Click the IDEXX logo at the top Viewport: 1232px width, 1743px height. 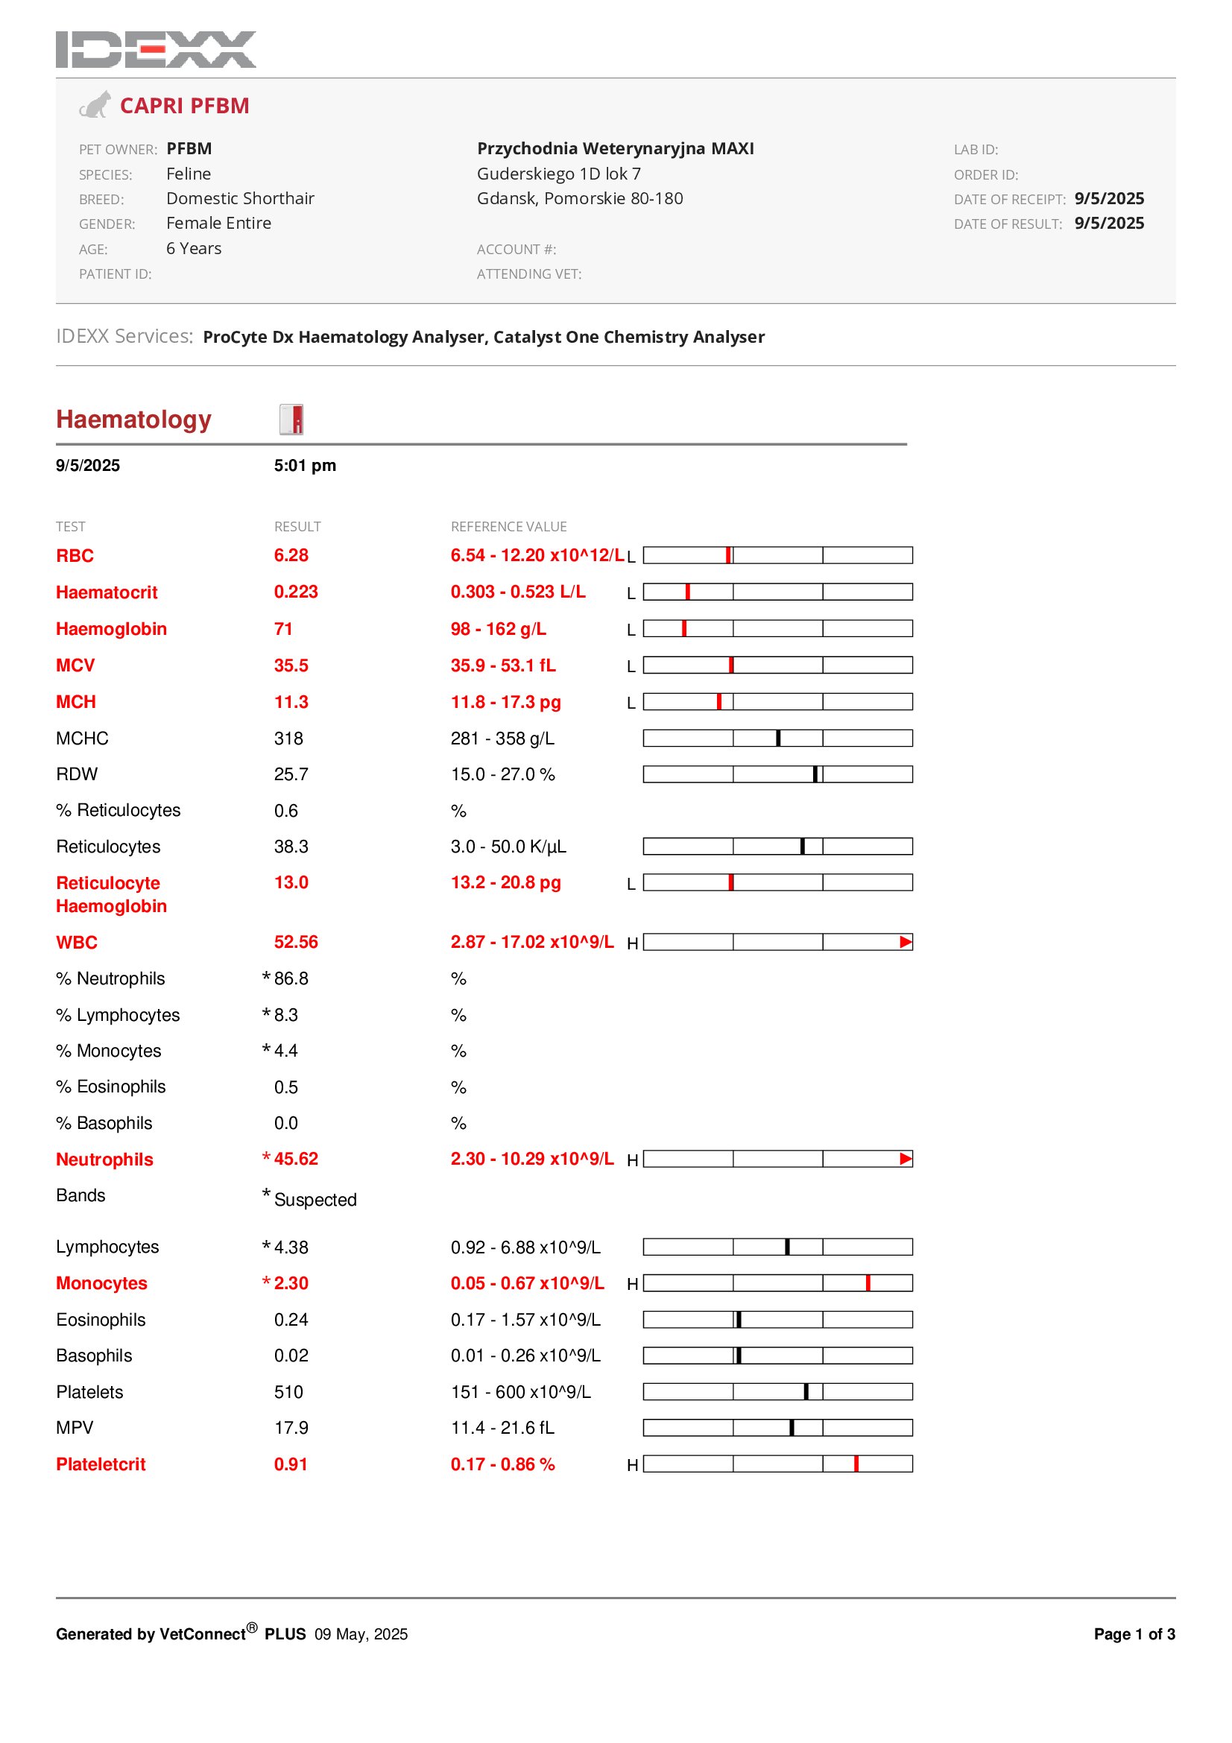(156, 49)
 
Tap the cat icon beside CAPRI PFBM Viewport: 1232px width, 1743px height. (95, 105)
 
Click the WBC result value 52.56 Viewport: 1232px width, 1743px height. (295, 942)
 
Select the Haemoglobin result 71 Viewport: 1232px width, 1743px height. (283, 629)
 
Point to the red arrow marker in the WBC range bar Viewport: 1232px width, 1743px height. (905, 942)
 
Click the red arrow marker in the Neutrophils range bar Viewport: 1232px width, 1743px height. (905, 1159)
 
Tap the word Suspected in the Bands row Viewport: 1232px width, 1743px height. (315, 1200)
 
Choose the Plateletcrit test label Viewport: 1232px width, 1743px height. (100, 1464)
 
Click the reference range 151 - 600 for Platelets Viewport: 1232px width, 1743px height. (520, 1391)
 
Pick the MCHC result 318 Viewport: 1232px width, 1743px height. (288, 738)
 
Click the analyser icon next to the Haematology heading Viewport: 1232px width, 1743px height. (291, 419)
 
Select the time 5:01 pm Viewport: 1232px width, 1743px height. (304, 465)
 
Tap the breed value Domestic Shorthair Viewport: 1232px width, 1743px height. (240, 198)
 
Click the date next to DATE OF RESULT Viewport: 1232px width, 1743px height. (1108, 224)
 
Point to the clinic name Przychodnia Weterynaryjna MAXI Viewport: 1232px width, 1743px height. (615, 148)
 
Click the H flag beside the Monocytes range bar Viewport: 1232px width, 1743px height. (631, 1284)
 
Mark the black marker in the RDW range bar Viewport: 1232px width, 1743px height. (815, 774)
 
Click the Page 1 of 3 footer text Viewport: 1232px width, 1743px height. (1134, 1634)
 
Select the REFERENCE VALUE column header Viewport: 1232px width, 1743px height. (508, 527)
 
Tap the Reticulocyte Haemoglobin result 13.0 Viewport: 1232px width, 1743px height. (291, 882)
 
